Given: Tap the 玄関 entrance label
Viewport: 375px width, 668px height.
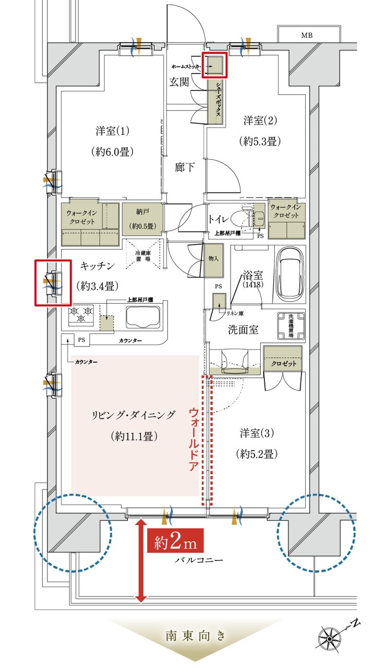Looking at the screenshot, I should point(178,82).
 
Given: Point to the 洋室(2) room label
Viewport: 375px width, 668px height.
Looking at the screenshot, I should point(260,121).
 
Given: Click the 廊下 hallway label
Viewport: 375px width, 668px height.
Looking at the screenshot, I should point(185,168).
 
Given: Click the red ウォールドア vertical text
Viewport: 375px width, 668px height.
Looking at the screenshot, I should point(193,440).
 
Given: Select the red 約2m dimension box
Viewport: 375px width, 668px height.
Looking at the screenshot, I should point(175,543).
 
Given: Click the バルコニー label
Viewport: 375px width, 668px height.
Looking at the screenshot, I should point(199,560).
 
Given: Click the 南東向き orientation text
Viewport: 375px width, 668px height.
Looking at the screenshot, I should point(196,636).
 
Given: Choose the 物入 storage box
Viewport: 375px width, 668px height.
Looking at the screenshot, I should point(213,259).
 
